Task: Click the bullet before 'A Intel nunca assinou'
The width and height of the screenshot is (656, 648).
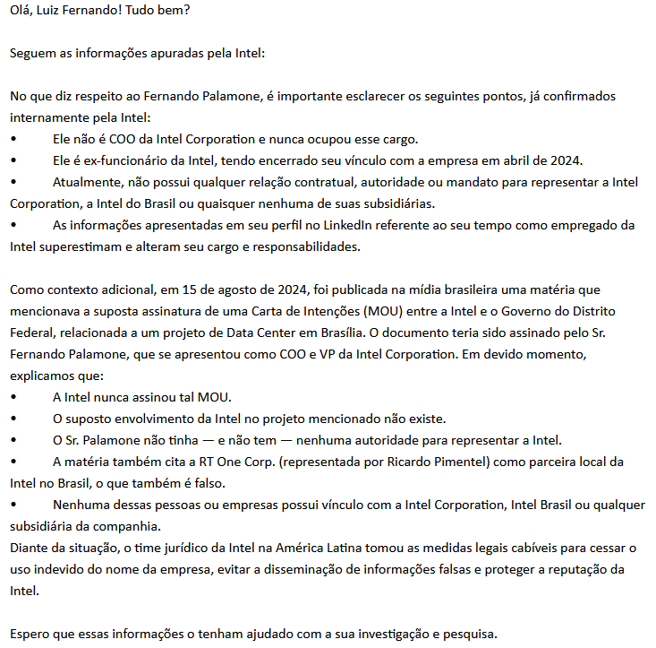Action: (14, 397)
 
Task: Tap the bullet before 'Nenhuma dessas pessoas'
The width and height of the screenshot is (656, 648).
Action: (14, 505)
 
